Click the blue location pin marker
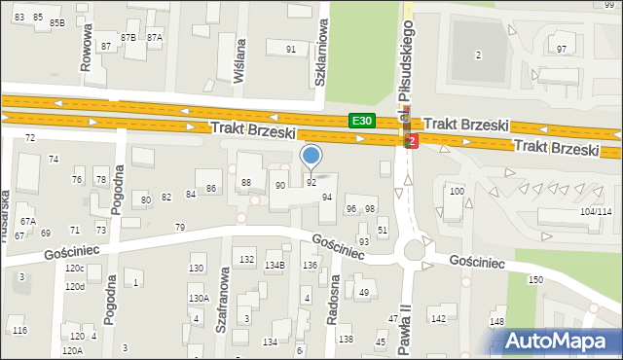click(x=311, y=156)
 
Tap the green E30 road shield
click(x=362, y=121)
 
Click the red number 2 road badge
click(x=413, y=142)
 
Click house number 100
click(x=457, y=192)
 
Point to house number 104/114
click(x=595, y=211)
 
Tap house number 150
click(x=534, y=279)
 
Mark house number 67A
click(x=28, y=221)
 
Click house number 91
click(x=290, y=49)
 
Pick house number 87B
click(x=128, y=36)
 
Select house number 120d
click(x=75, y=287)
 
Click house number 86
click(x=210, y=188)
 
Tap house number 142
click(x=438, y=318)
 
